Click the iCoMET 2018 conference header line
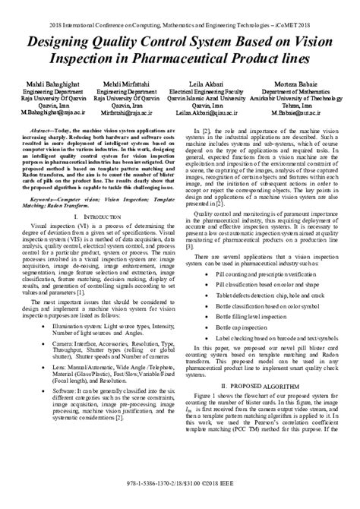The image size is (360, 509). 180,6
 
